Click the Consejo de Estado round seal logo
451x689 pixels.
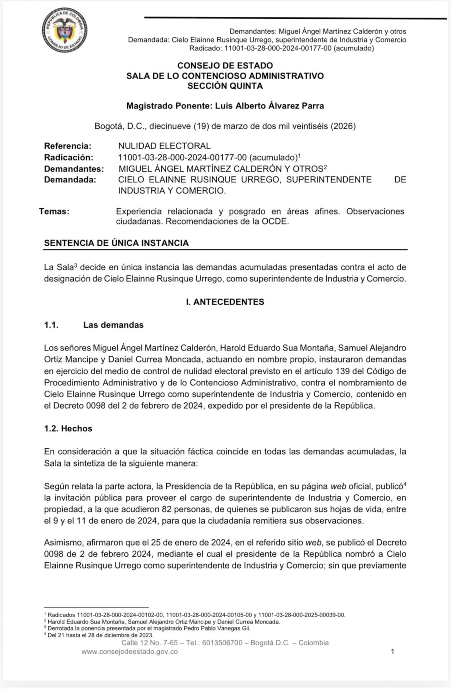pyautogui.click(x=64, y=31)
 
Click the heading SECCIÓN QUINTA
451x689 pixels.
pyautogui.click(x=225, y=86)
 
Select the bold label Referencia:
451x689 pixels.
pyautogui.click(x=68, y=146)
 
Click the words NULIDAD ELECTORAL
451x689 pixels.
pyautogui.click(x=164, y=146)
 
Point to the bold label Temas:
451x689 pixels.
pyautogui.click(x=54, y=211)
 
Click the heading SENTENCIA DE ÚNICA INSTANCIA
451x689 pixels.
pyautogui.click(x=116, y=243)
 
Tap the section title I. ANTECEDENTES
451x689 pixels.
pyautogui.click(x=225, y=302)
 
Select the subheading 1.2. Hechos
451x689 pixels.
pyautogui.click(x=68, y=428)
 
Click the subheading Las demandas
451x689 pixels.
pyautogui.click(x=113, y=325)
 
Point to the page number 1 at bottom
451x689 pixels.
pyautogui.click(x=392, y=651)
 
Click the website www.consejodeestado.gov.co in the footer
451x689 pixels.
pyautogui.click(x=130, y=652)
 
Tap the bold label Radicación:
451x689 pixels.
pyautogui.click(x=69, y=157)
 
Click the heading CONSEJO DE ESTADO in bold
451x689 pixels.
pyautogui.click(x=225, y=65)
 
